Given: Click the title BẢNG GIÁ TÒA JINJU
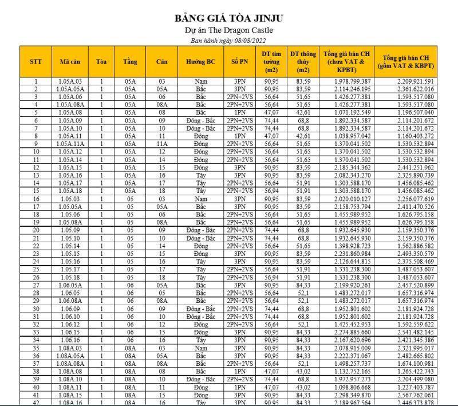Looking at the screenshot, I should click(229, 18).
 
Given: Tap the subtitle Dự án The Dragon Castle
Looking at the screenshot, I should click(229, 30).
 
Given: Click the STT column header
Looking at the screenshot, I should click(35, 61).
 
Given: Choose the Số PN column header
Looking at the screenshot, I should click(240, 61).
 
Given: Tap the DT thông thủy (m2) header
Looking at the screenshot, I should click(303, 61).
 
